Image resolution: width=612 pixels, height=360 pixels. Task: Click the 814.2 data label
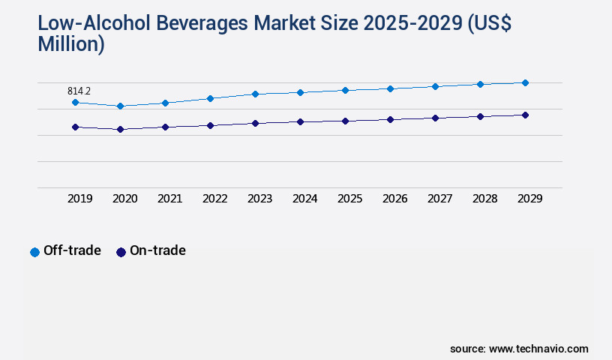[79, 91]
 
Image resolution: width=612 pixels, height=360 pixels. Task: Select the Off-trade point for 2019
[75, 102]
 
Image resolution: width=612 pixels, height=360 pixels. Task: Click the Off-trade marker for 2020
[120, 106]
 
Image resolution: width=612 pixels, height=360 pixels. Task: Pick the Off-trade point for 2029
[525, 82]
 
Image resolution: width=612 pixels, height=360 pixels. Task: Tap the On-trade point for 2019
[75, 127]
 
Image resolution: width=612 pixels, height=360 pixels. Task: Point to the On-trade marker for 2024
[300, 121]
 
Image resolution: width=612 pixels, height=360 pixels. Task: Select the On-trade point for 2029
[525, 115]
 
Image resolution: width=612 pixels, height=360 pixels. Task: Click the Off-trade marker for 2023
[255, 94]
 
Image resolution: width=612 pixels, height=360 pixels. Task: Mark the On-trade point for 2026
[390, 119]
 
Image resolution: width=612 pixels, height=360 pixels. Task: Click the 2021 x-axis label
[169, 199]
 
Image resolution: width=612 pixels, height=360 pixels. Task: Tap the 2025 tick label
[349, 199]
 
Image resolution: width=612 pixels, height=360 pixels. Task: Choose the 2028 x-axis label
[484, 199]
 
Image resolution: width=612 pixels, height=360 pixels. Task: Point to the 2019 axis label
[79, 199]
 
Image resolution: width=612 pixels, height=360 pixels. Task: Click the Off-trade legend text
[72, 250]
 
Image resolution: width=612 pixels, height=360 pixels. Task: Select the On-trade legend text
[157, 250]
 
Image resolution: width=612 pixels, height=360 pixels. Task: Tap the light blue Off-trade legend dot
[34, 252]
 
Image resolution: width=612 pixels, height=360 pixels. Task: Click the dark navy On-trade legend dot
[121, 252]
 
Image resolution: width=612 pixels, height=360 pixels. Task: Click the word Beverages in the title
[199, 23]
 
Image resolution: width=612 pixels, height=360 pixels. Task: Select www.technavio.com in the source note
[538, 349]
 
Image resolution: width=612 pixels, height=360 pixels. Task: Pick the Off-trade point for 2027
[435, 86]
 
